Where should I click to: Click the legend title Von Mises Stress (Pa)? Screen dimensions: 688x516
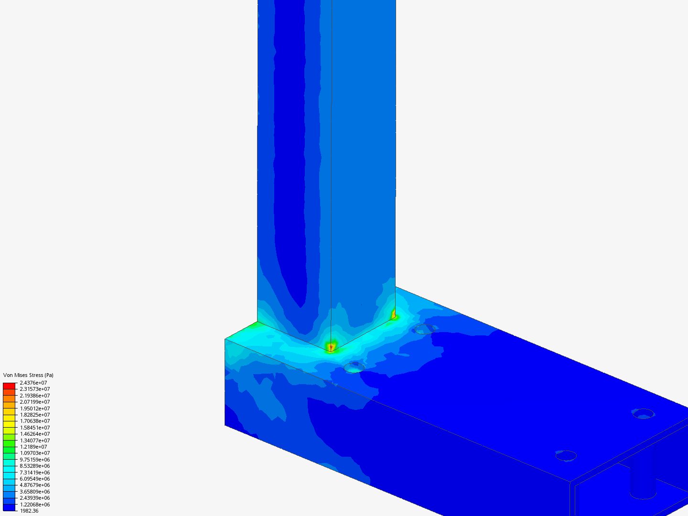pos(28,375)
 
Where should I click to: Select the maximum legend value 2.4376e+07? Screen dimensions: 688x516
pos(33,383)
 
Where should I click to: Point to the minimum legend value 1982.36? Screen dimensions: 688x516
pos(29,511)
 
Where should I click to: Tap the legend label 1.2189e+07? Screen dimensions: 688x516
pos(33,447)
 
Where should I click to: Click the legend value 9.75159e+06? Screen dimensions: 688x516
pos(35,460)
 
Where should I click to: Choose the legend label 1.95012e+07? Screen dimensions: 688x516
pos(35,408)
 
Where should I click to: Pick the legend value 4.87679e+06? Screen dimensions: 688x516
pos(35,485)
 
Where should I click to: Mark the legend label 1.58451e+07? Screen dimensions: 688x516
pos(35,428)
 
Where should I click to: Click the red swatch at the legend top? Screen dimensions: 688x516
pos(9,386)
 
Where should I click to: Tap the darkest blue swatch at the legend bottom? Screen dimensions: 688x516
pos(9,507)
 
